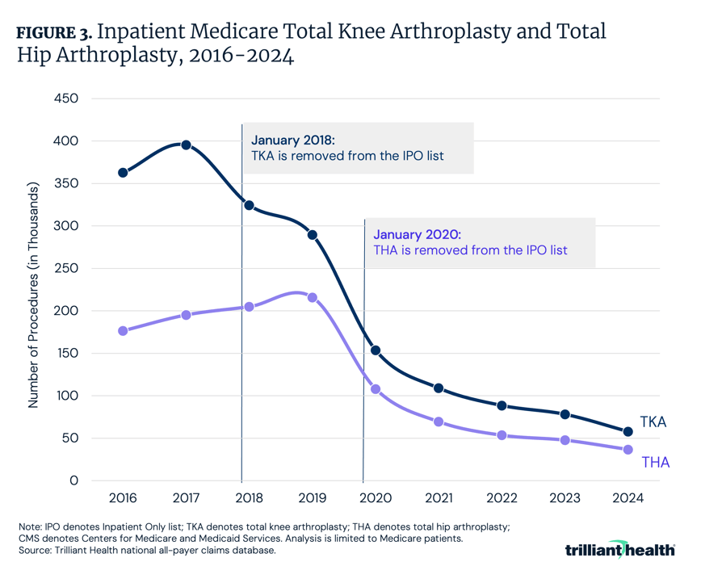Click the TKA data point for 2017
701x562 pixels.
point(186,145)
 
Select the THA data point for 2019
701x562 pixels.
point(312,298)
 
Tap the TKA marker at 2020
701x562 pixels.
point(375,350)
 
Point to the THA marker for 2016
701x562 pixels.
point(123,331)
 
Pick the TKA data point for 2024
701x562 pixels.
point(628,432)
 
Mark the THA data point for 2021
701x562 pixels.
point(439,422)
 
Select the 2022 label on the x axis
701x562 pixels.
point(502,497)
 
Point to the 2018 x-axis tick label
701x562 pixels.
point(249,497)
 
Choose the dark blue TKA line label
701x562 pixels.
point(653,421)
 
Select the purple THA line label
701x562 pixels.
point(655,462)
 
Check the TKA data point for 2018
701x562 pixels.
point(249,205)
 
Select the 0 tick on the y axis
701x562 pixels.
point(73,480)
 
